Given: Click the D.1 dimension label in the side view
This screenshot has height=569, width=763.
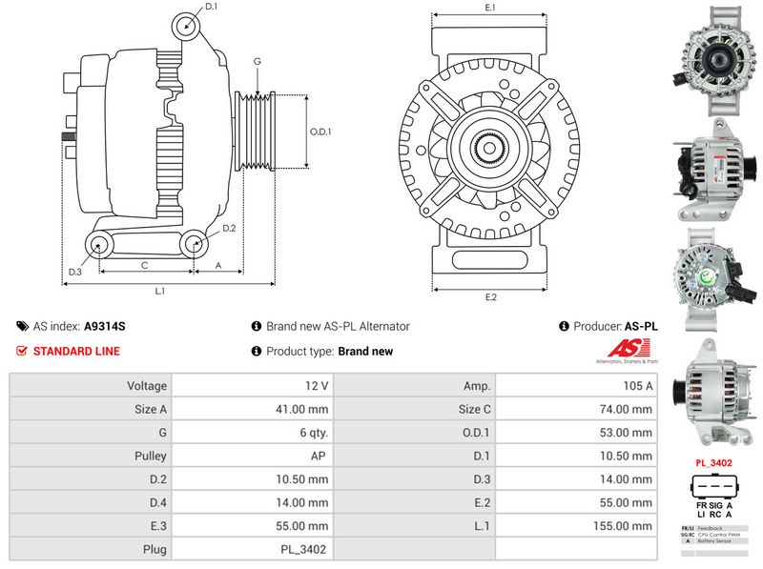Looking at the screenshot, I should coord(212,7).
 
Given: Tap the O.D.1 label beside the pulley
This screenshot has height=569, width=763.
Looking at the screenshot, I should coord(320,132).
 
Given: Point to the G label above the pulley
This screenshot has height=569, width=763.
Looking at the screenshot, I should coord(257,62).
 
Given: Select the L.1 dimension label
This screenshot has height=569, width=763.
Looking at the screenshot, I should coord(160,290).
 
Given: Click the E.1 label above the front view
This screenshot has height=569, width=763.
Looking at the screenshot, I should coord(490,8).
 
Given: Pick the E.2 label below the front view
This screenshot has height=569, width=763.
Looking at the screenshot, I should coord(491,296).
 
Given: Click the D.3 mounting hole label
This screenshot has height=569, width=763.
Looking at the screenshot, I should coord(75,273).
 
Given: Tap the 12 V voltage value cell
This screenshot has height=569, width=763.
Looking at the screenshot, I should coord(318,386).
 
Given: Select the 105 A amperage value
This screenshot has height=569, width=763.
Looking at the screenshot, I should coord(637,386).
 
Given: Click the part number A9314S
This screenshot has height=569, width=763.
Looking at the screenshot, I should coord(105,326).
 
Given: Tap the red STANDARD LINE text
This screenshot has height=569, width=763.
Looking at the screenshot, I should coord(76,351).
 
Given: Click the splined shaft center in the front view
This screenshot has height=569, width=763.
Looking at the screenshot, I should coord(490,149).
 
